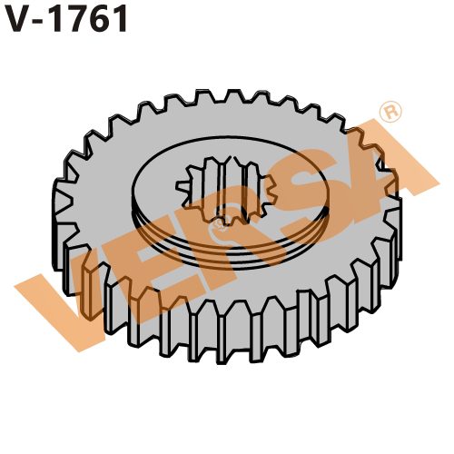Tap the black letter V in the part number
[19, 19]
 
